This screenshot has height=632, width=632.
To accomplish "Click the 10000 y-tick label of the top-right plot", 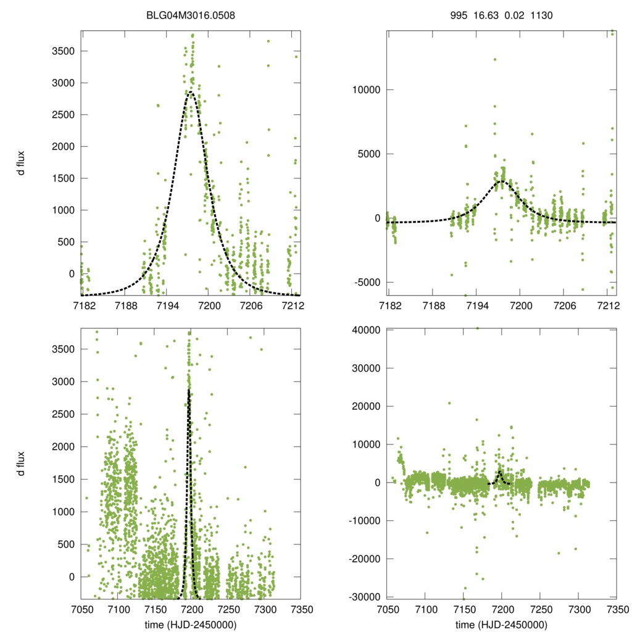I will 364,89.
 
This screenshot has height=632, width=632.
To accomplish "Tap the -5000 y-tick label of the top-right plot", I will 364,282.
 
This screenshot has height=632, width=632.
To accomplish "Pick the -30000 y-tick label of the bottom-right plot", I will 362,597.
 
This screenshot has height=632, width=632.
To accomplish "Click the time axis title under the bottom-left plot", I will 190,625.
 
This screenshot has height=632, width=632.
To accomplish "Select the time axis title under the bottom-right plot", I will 501,625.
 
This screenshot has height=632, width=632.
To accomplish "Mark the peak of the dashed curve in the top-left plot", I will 190,92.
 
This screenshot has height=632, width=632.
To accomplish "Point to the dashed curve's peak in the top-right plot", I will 501,181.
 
